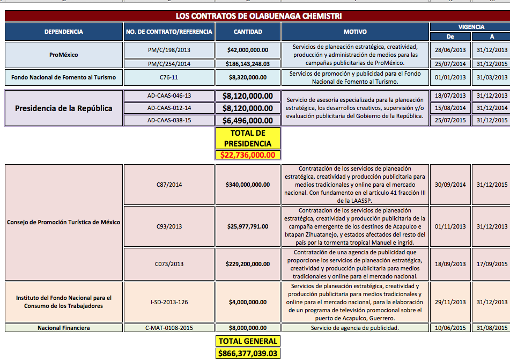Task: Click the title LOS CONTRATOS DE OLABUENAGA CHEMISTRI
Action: [258, 16]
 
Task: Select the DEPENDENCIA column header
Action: [64, 32]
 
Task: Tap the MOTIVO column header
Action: [355, 32]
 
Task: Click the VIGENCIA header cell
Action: [471, 27]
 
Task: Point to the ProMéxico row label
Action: [64, 55]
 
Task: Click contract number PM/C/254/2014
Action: [169, 64]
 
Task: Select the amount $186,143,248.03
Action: [248, 64]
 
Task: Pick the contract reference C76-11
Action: [169, 77]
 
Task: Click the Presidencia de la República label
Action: [64, 108]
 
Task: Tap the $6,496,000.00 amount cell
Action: [248, 121]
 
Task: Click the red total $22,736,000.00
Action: [248, 155]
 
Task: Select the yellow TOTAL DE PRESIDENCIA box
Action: [248, 138]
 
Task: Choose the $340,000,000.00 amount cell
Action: [248, 185]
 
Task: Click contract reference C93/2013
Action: [169, 226]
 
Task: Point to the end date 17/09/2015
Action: [491, 264]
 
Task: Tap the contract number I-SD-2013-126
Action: [169, 302]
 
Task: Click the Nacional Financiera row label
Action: [64, 327]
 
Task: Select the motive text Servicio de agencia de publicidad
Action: [355, 327]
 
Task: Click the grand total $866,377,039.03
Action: [248, 354]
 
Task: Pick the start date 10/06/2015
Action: [450, 327]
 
